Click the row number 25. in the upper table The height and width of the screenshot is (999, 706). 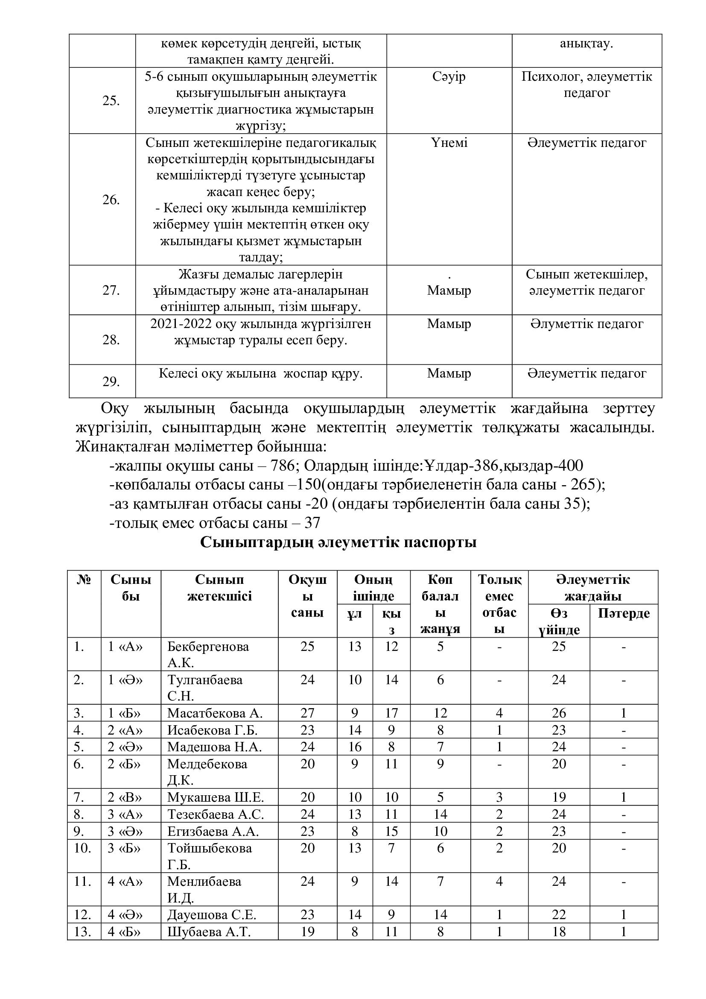click(x=111, y=101)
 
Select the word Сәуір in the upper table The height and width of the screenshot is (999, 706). click(x=449, y=76)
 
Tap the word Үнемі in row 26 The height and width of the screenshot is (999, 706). click(x=449, y=143)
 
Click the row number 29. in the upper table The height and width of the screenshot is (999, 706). click(x=111, y=381)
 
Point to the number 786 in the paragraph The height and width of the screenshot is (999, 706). click(x=283, y=466)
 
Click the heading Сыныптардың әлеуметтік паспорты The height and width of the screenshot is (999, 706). click(x=338, y=542)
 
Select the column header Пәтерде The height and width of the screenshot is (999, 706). click(x=623, y=613)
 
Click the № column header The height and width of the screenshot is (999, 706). click(x=84, y=580)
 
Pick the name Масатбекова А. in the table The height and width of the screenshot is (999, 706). click(x=215, y=713)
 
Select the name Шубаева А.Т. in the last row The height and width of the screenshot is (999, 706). click(x=209, y=932)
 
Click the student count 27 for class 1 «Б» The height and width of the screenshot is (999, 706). click(x=307, y=713)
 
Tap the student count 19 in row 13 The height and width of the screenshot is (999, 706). click(x=307, y=932)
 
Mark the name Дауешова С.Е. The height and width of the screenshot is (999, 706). click(x=212, y=914)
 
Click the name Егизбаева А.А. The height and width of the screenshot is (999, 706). click(x=213, y=832)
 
